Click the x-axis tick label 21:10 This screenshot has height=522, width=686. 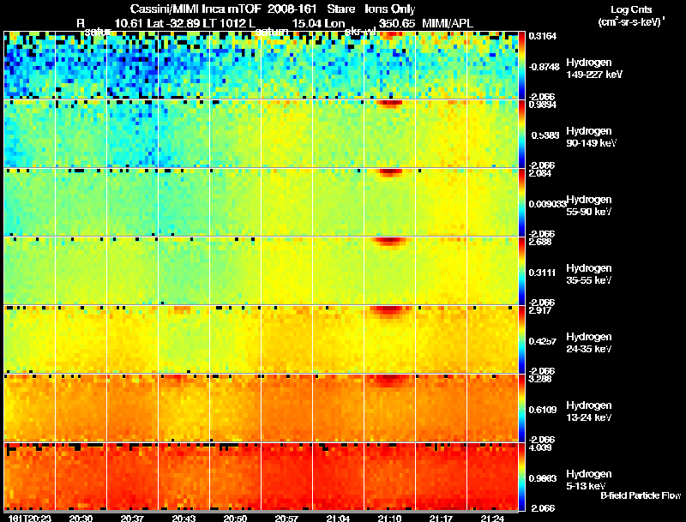point(390,519)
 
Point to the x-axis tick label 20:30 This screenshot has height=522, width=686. point(81,519)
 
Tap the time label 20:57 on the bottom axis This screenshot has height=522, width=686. point(287,519)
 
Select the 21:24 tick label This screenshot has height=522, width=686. point(492,519)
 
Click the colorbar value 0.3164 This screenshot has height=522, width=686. point(542,36)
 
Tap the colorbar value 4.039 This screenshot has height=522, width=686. point(540,447)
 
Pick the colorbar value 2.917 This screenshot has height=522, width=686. point(540,310)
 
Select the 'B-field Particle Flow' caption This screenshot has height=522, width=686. point(640,495)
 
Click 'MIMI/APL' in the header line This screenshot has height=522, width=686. point(445,24)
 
